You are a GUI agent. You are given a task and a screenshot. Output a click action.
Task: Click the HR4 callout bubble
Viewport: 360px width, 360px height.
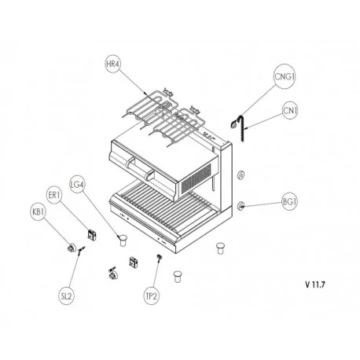pos(113,64)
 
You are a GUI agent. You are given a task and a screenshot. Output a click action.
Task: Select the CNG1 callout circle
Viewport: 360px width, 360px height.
pos(285,76)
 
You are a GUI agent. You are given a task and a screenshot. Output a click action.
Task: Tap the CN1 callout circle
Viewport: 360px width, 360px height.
pos(290,111)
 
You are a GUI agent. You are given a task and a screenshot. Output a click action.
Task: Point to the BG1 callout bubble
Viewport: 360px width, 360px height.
pos(289,202)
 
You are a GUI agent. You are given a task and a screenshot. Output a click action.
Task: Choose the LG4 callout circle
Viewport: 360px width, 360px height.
pos(77,184)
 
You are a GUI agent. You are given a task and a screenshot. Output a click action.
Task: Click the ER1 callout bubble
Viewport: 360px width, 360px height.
pos(54,195)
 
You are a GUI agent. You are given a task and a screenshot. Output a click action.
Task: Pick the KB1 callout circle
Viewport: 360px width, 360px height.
pos(39,211)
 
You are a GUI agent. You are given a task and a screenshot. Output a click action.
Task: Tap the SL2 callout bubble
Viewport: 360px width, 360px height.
pos(66,296)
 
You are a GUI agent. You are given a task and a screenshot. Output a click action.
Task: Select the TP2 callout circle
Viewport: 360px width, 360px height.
pos(151,296)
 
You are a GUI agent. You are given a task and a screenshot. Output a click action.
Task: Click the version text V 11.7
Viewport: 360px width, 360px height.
pos(315,285)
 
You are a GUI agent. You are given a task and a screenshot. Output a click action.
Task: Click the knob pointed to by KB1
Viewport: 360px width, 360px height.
pos(72,248)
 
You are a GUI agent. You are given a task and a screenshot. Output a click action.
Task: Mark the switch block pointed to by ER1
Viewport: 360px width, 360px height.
pos(92,235)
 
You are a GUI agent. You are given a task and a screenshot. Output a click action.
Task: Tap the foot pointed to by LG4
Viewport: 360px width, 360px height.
pos(123,241)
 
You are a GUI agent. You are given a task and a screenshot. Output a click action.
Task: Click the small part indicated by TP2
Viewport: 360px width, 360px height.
pos(159,257)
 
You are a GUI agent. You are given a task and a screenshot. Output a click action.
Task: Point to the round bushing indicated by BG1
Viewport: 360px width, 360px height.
pos(241,206)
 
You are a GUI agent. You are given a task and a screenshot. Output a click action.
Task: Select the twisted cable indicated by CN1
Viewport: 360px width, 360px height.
pos(241,128)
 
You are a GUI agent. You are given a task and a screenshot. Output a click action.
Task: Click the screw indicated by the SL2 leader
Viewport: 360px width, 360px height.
pos(81,249)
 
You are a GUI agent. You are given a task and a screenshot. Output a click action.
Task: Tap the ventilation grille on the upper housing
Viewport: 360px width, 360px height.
pos(196,178)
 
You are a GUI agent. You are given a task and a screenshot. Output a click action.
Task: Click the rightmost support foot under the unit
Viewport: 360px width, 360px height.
pos(220,248)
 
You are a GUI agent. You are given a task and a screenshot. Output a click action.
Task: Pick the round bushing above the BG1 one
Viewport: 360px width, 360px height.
pos(241,174)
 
